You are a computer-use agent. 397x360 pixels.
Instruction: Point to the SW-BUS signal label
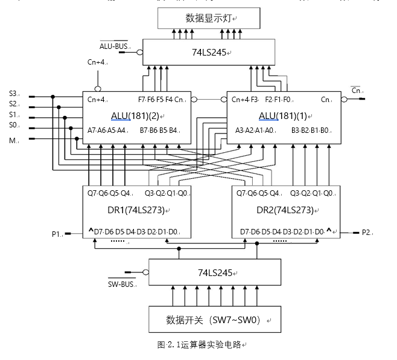121,283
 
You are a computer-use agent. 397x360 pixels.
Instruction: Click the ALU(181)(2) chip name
138,115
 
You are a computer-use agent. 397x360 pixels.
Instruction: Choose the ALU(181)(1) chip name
281,115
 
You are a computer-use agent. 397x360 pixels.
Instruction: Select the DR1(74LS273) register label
137,210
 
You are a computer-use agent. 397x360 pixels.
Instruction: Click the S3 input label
13,94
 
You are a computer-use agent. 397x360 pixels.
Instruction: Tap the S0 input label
13,125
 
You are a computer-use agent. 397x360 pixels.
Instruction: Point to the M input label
11,140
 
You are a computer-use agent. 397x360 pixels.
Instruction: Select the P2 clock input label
366,232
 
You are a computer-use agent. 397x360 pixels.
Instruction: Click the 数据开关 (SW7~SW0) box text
214,320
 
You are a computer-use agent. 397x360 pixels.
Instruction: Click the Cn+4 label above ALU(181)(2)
97,62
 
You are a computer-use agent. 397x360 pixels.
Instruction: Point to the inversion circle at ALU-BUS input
139,53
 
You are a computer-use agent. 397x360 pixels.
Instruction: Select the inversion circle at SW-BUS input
145,272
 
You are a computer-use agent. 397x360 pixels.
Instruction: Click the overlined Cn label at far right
357,91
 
